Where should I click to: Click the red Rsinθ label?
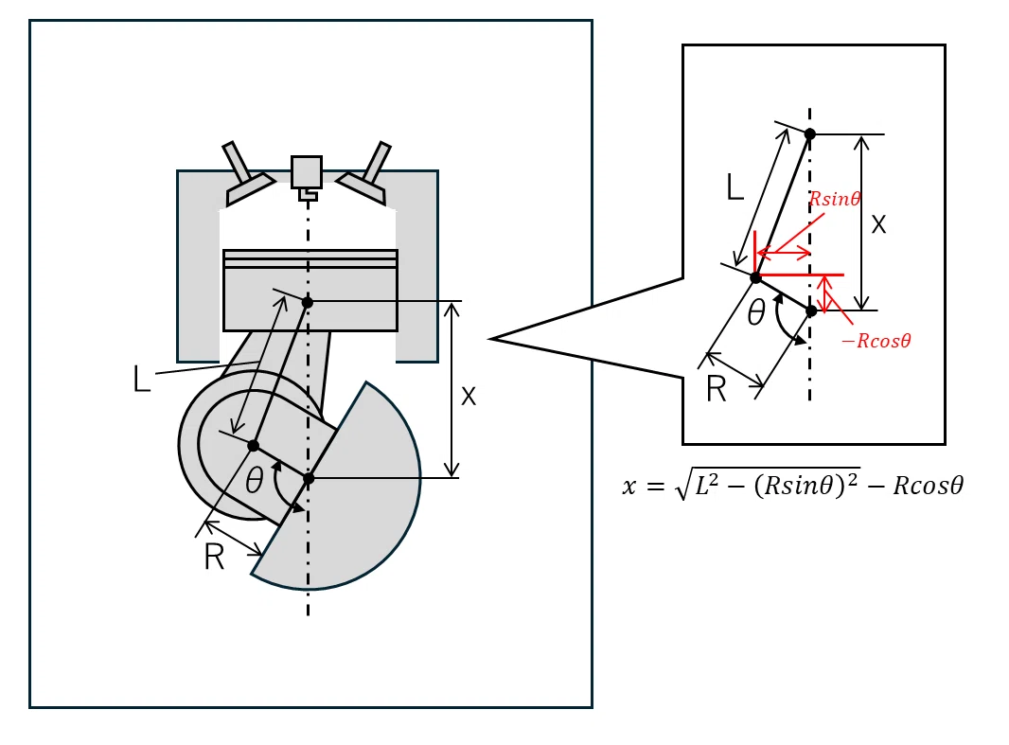pos(835,199)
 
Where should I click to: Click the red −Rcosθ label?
pos(876,341)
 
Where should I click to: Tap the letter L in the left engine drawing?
pos(142,379)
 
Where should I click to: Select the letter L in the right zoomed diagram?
pos(735,187)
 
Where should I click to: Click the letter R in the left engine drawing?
pos(214,558)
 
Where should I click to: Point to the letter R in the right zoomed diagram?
pos(717,389)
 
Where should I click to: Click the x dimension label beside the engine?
pos(469,397)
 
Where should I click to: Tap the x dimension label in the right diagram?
pos(878,224)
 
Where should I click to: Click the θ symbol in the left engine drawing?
pos(255,480)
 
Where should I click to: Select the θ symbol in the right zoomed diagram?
pos(756,313)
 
